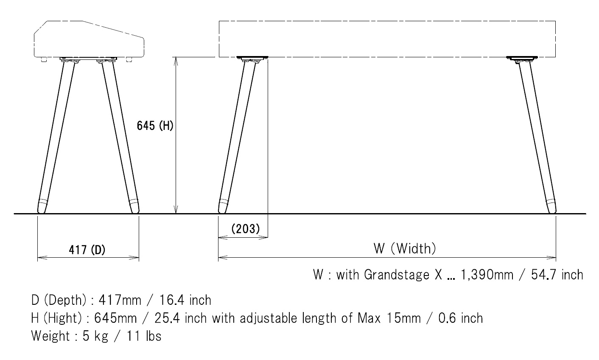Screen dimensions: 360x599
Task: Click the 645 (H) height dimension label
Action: (154, 126)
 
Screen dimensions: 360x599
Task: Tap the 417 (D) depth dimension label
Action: (87, 250)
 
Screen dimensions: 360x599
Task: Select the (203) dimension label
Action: (245, 228)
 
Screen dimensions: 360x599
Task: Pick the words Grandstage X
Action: (403, 275)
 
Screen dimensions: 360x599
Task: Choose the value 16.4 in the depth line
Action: (170, 300)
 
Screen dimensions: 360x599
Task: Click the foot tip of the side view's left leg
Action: (42, 208)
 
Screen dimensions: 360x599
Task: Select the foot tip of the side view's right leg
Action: (134, 208)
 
